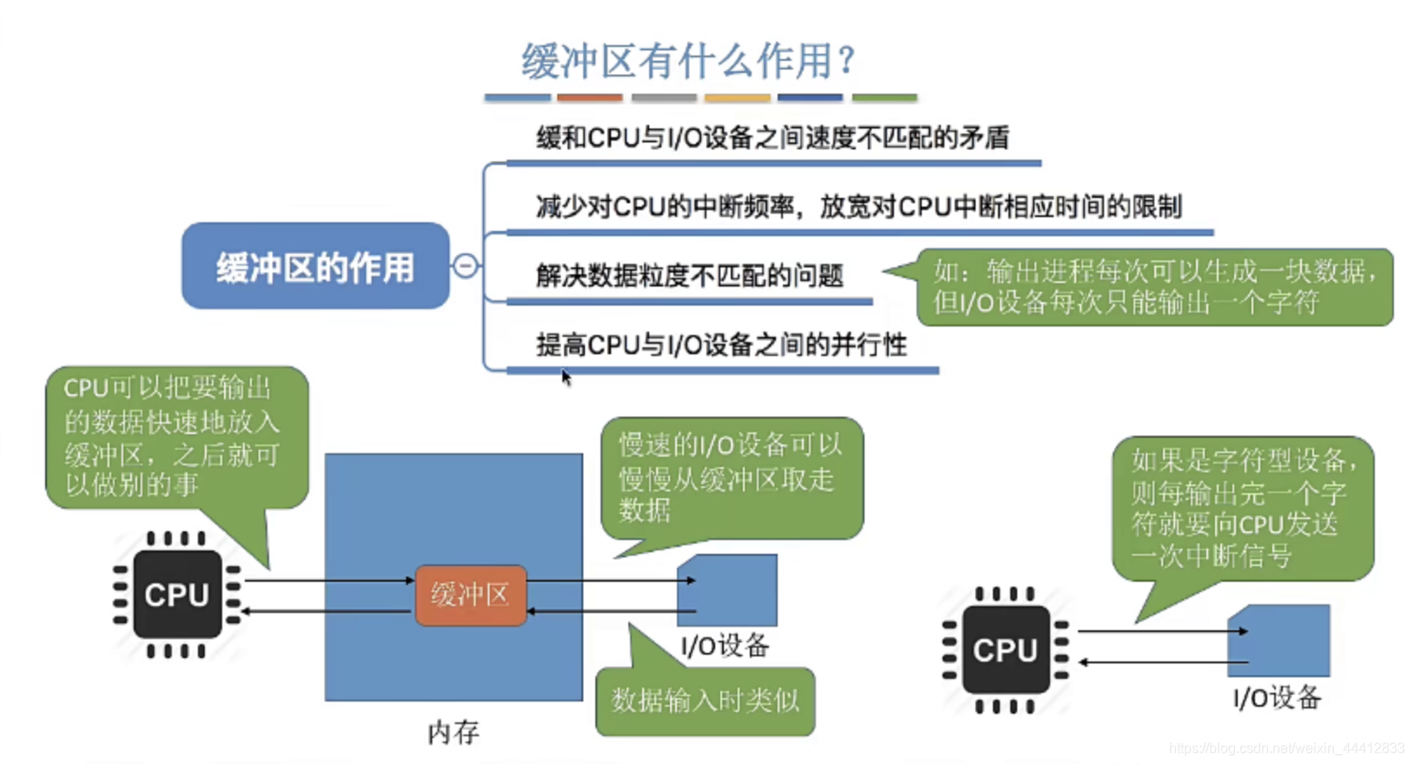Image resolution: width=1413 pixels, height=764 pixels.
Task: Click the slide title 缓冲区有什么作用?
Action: pos(688,61)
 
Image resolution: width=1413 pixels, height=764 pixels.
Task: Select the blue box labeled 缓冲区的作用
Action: pos(315,267)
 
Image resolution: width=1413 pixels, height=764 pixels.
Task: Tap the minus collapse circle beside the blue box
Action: pos(466,266)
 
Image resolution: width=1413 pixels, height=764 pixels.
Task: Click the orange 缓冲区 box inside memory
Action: pos(470,595)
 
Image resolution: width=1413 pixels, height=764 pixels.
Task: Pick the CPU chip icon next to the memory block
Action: pos(177,595)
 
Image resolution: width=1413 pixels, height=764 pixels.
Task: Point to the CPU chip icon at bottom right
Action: pos(1005,649)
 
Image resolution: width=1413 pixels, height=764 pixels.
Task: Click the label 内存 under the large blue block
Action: pos(453,732)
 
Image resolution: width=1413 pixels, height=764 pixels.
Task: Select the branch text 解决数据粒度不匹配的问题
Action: pos(689,276)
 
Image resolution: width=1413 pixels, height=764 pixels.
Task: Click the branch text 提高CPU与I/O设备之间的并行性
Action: pos(721,345)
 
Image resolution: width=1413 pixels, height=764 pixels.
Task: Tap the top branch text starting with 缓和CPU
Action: pos(772,137)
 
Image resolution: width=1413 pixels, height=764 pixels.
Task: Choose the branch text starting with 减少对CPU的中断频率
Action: pos(858,207)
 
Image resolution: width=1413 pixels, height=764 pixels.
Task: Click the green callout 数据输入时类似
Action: pos(705,701)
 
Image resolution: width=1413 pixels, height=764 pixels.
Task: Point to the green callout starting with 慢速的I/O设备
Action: pos(731,477)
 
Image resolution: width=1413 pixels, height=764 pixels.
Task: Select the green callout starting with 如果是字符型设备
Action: pos(1242,508)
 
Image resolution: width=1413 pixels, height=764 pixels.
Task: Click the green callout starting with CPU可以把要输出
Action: pos(176,437)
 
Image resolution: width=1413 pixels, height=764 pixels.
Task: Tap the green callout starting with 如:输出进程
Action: pos(1154,287)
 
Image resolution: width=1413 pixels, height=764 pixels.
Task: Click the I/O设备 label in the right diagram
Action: pos(1277,697)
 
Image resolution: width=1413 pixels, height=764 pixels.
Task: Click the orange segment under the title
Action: pos(589,98)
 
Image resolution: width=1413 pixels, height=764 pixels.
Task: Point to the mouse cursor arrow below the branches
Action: pos(566,377)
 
